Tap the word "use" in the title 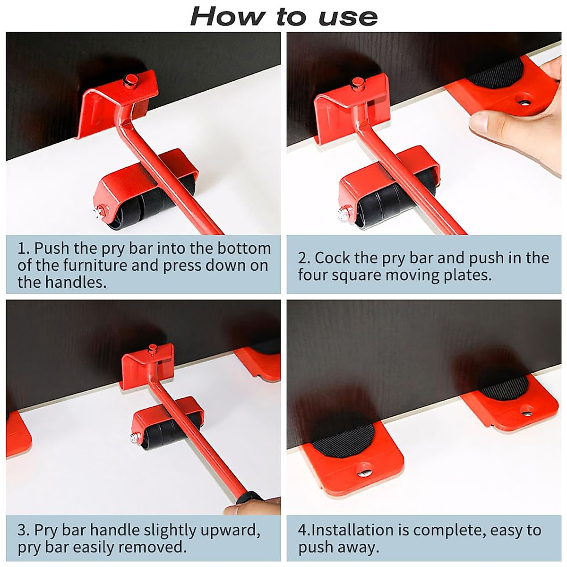point(348,17)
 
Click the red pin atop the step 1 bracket point(131,80)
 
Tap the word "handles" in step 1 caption point(76,283)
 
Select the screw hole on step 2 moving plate point(523,103)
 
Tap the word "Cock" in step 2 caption point(333,258)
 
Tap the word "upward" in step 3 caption point(231,531)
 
